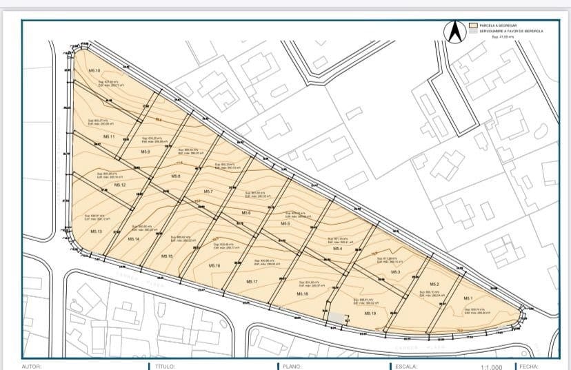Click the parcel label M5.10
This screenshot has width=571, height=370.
(94, 71)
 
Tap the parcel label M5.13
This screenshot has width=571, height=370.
(96, 232)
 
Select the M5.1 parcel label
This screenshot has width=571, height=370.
(468, 298)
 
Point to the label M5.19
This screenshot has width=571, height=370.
(370, 314)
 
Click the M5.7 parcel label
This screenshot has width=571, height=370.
(208, 191)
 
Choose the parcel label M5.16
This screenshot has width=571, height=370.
(214, 265)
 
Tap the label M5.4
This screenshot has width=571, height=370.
(337, 249)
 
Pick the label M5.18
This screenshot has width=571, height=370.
(301, 294)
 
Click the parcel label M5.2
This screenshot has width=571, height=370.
(434, 285)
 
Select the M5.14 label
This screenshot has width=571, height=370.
(134, 238)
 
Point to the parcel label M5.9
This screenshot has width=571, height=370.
(146, 152)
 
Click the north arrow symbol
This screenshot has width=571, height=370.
(455, 32)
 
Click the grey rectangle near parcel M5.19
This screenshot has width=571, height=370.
(335, 316)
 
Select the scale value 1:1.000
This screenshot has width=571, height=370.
(492, 367)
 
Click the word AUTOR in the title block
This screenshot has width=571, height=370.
(32, 367)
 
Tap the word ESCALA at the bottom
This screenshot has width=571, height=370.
(406, 367)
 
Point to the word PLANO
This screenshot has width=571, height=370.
(292, 367)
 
